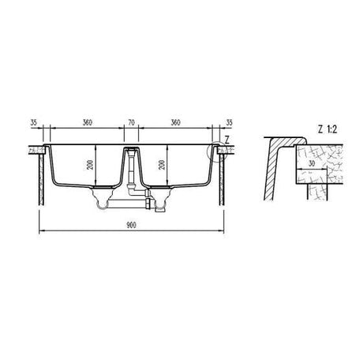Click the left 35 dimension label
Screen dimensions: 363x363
point(32,122)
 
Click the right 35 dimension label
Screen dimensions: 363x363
point(230,122)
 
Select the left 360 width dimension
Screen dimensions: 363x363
point(87,122)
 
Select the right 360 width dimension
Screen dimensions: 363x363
point(174,122)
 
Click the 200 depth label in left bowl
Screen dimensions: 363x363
point(92,166)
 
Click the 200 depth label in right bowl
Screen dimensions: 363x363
point(161,166)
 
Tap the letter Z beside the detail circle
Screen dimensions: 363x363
point(226,139)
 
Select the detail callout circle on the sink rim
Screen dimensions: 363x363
point(215,151)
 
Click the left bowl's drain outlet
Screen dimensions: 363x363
point(100,204)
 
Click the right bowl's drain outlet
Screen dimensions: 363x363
point(162,206)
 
